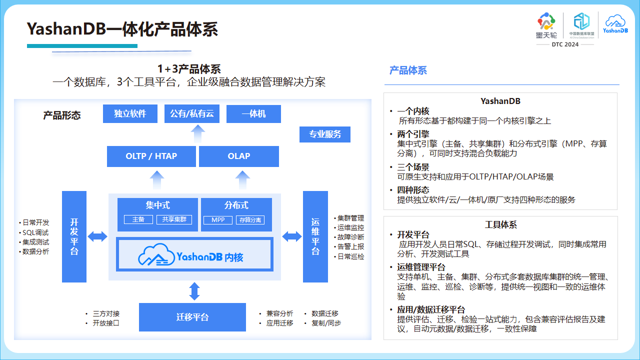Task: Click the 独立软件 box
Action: (x=130, y=113)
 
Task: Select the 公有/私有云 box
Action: (x=191, y=113)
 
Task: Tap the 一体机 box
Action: (x=253, y=113)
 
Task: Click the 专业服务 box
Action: (x=325, y=134)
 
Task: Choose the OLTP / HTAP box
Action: (x=151, y=156)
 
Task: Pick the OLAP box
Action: (x=239, y=156)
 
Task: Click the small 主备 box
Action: (x=138, y=219)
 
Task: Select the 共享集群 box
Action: (x=174, y=219)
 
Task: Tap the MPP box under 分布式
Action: (x=217, y=220)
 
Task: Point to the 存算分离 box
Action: (x=250, y=220)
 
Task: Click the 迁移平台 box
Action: (x=192, y=317)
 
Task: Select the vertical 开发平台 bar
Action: (x=74, y=236)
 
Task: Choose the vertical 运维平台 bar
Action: (x=315, y=236)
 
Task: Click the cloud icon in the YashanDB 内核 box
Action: (x=156, y=254)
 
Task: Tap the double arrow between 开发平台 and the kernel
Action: (x=97, y=236)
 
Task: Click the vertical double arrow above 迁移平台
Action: (x=194, y=291)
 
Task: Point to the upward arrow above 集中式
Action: (x=157, y=180)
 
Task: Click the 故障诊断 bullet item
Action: (x=349, y=237)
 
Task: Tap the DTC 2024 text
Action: (x=565, y=44)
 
